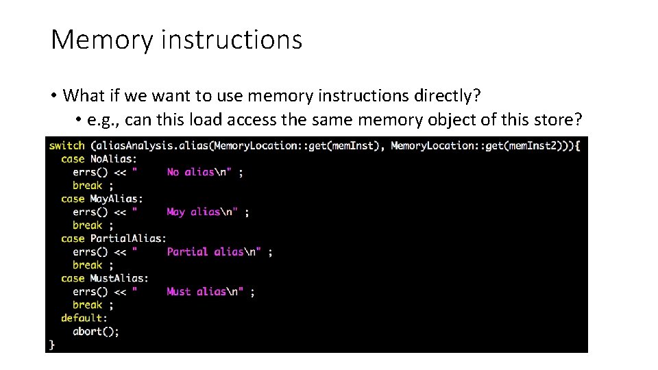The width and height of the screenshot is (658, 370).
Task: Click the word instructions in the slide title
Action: click(232, 40)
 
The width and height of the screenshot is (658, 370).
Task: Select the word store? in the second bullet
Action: click(559, 121)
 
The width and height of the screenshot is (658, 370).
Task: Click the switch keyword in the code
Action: click(67, 145)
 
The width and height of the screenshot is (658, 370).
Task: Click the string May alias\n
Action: click(204, 212)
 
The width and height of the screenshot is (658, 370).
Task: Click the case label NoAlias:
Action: click(113, 159)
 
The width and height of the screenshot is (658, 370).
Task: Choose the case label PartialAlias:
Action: click(127, 238)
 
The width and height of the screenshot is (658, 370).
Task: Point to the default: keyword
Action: click(84, 318)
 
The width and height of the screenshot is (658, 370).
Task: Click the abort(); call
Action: click(96, 331)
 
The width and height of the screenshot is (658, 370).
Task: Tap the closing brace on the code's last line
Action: click(52, 344)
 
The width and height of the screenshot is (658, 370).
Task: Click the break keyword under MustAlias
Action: click(88, 305)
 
